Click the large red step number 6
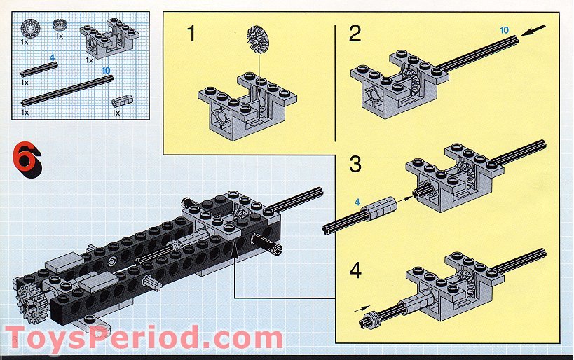pos(27,160)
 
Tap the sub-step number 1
pos(191,34)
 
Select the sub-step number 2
pos(355,34)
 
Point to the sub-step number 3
pos(355,164)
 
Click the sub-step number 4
pos(355,271)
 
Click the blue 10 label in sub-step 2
pos(504,30)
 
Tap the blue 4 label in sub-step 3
pos(357,202)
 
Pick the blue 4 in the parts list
pos(52,58)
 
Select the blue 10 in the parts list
pos(106,70)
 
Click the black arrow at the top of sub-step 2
pos(533,30)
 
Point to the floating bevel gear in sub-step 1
pos(258,39)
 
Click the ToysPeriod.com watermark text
pos(144,338)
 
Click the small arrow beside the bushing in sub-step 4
pos(362,309)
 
